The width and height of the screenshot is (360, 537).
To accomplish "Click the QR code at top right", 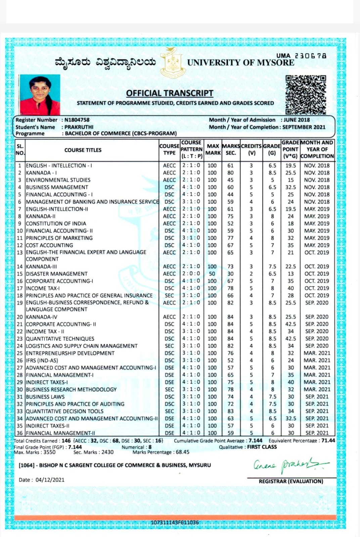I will [x=306, y=95].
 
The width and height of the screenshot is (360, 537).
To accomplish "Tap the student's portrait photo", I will [x=40, y=95].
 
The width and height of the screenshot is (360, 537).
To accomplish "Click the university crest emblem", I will [x=173, y=62].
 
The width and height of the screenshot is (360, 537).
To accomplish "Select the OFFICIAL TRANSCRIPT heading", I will [x=170, y=93].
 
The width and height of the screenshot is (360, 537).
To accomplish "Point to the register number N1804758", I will [x=77, y=120].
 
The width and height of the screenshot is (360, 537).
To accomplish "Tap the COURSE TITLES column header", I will [x=83, y=150].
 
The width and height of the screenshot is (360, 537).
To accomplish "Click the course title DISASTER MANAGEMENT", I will [x=56, y=274].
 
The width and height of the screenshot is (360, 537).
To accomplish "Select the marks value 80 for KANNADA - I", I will [x=230, y=173].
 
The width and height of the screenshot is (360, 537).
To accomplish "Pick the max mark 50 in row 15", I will [x=212, y=274].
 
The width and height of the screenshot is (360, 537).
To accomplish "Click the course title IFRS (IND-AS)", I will [x=42, y=360].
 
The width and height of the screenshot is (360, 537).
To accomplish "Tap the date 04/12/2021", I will [x=50, y=480].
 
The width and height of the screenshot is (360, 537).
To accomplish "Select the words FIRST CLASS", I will [x=262, y=447].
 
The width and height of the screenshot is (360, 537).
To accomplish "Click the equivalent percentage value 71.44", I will [x=328, y=440].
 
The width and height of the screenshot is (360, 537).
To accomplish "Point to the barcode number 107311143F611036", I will [x=175, y=523].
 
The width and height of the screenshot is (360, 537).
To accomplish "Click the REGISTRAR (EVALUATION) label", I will [x=291, y=481].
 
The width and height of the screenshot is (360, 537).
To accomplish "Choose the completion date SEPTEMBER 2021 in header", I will [x=304, y=127].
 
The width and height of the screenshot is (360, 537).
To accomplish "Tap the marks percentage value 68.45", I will [x=182, y=452].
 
